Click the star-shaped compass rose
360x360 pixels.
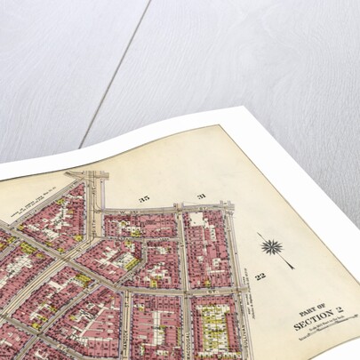coord(271,246)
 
